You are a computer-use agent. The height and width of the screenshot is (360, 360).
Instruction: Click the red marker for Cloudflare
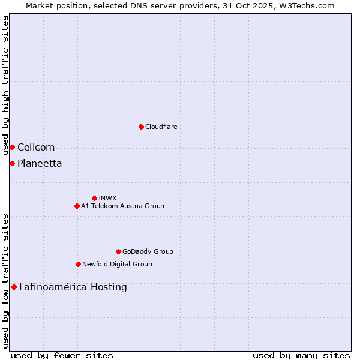(141, 127)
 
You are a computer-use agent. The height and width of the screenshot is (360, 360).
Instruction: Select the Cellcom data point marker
(12, 147)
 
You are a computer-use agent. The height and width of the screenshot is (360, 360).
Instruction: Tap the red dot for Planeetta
(12, 163)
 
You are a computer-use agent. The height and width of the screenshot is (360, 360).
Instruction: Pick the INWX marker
(94, 198)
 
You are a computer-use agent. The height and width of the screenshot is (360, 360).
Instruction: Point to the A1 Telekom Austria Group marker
(77, 206)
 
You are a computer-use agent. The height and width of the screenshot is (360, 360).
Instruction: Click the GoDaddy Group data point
(118, 251)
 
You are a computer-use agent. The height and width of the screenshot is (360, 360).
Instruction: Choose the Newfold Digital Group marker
(78, 264)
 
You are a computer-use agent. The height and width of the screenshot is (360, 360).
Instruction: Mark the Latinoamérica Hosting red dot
(14, 287)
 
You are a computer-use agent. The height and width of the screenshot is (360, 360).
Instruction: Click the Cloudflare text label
(161, 127)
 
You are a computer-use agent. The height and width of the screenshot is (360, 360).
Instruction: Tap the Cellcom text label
(36, 148)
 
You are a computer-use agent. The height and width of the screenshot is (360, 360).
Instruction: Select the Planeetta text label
(40, 164)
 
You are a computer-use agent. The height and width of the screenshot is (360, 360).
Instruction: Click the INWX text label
(107, 198)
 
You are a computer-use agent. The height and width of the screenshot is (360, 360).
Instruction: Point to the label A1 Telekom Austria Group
(122, 206)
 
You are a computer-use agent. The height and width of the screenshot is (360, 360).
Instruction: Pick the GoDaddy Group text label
(148, 251)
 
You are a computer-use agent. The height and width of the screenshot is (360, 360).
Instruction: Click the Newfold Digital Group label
(117, 264)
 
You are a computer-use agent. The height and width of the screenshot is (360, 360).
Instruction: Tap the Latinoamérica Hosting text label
(73, 287)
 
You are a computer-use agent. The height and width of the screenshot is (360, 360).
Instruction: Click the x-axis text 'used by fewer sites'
(62, 355)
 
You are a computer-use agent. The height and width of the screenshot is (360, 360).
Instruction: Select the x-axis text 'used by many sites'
(301, 355)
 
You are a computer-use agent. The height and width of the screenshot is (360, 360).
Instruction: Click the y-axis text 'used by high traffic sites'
(6, 86)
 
